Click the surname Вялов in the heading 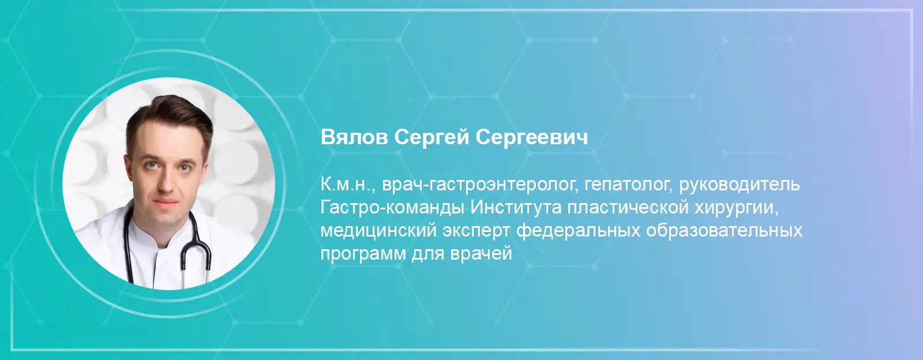[x=354, y=137]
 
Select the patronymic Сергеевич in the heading [x=532, y=137]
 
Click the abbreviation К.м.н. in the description [x=348, y=185]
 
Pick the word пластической [x=628, y=208]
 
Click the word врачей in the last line [x=481, y=253]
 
